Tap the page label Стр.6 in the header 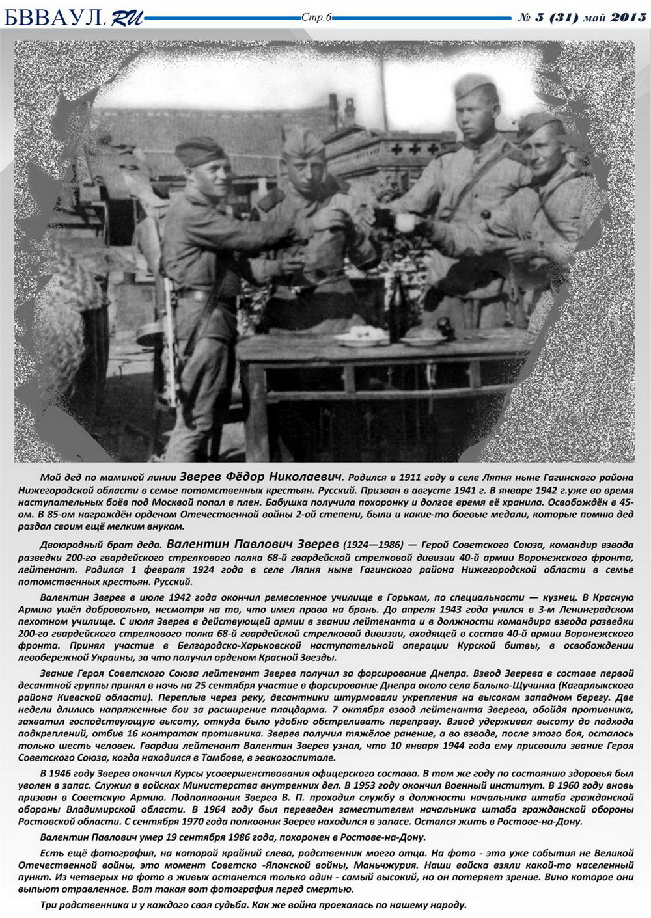click(x=317, y=17)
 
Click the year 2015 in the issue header click(x=628, y=18)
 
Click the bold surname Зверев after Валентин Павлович click(x=317, y=544)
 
